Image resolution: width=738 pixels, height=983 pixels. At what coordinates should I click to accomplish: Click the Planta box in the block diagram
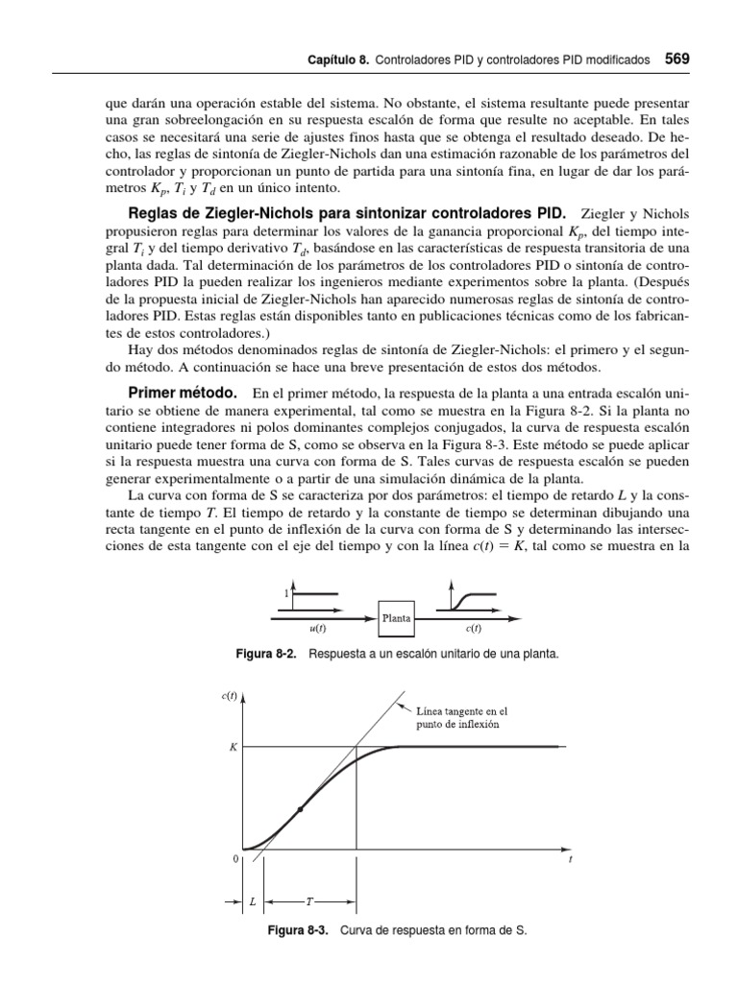(397, 618)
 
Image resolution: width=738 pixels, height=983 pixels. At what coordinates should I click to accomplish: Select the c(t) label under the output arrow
(473, 630)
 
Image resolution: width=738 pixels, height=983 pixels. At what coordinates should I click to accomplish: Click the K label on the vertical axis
(234, 746)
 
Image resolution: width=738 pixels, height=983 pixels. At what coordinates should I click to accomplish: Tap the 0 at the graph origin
(235, 859)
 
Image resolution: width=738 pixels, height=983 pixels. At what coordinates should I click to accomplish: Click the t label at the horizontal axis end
(571, 859)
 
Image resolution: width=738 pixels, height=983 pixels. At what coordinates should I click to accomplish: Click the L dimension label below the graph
(253, 902)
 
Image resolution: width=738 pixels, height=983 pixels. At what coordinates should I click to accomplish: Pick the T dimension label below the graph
(309, 902)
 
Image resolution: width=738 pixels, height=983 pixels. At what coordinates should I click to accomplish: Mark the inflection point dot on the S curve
(301, 810)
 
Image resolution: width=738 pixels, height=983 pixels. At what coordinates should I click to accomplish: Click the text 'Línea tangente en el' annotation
(461, 711)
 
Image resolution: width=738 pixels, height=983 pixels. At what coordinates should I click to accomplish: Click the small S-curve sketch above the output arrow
(471, 600)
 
